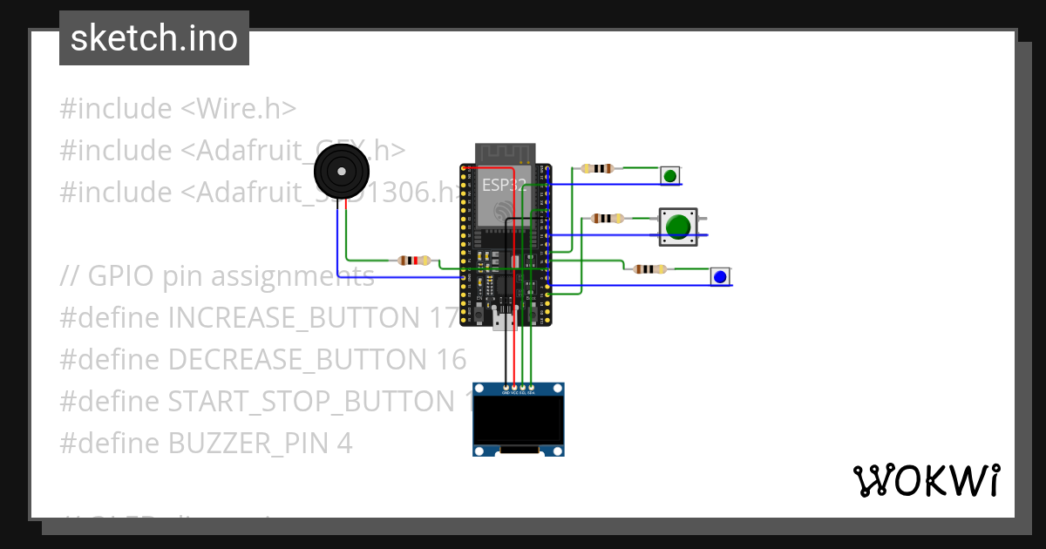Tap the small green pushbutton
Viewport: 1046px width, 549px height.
click(x=669, y=176)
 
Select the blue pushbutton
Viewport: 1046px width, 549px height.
click(x=720, y=277)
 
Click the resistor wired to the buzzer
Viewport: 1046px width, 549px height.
click(x=413, y=260)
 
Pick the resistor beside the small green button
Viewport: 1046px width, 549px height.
click(x=598, y=168)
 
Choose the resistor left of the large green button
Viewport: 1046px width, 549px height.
click(x=607, y=218)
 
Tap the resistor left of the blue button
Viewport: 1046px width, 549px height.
click(x=649, y=269)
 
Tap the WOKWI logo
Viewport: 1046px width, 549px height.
click(x=926, y=480)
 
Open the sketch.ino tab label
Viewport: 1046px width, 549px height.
click(x=153, y=38)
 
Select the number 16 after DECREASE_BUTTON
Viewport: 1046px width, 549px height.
click(x=448, y=359)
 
